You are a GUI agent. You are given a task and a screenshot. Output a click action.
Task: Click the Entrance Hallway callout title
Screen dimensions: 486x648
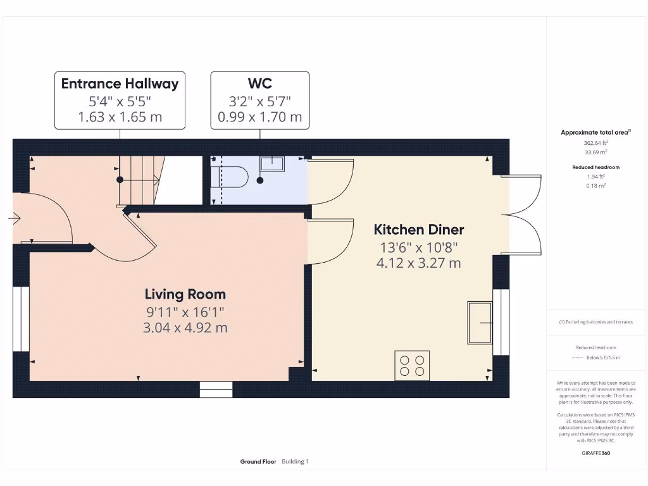point(120,84)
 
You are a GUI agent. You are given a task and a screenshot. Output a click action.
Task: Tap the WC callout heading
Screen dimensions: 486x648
point(259,84)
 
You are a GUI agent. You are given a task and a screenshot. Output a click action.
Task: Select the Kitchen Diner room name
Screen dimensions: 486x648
point(418,230)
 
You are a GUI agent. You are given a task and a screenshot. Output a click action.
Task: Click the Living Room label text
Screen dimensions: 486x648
point(185,294)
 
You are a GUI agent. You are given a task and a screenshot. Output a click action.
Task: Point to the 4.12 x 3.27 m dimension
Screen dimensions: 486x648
point(418,263)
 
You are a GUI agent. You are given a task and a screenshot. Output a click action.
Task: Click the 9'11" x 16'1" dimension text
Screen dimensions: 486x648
point(185,311)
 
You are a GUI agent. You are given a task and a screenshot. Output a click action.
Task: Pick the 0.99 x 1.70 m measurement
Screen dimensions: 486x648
point(259,117)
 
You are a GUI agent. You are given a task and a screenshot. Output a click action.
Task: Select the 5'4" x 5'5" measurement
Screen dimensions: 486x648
point(120,101)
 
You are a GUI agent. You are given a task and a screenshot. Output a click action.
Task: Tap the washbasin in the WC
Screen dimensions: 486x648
point(272,163)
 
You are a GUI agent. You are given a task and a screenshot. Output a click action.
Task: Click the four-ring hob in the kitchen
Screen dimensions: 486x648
point(412,365)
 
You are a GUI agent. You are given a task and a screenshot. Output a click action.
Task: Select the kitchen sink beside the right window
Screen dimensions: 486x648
point(480,323)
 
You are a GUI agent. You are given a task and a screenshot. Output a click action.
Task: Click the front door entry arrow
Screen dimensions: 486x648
point(14,219)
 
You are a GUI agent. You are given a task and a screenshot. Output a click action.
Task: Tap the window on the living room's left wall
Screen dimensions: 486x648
point(22,320)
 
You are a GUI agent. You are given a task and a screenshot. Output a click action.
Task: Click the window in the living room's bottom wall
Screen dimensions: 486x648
point(216,389)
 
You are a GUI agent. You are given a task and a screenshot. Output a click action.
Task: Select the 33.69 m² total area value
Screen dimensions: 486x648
point(595,152)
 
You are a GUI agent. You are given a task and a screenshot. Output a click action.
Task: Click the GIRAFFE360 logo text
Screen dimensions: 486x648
point(595,453)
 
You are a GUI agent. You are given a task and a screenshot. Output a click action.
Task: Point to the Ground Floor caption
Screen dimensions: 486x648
point(258,462)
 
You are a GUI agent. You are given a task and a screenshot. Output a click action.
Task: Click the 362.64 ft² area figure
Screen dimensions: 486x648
point(595,143)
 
